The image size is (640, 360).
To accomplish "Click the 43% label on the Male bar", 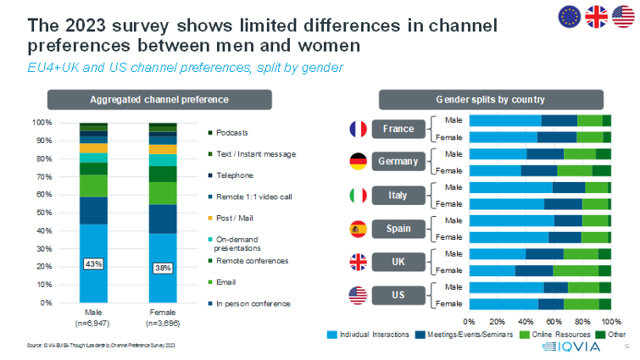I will click(x=93, y=264).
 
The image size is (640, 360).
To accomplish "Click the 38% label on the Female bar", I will click(x=163, y=269).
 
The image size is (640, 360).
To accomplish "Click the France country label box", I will click(x=398, y=130).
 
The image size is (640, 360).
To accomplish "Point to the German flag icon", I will click(x=358, y=162).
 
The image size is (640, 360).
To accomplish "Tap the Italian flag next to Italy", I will click(x=358, y=195).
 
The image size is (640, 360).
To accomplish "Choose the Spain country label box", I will click(x=398, y=229).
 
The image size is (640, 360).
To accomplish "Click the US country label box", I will click(x=398, y=295).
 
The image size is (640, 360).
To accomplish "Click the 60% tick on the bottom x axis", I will click(x=554, y=322).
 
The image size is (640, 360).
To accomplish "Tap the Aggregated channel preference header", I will click(x=159, y=99).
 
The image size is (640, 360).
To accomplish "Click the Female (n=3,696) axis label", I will click(x=163, y=318).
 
